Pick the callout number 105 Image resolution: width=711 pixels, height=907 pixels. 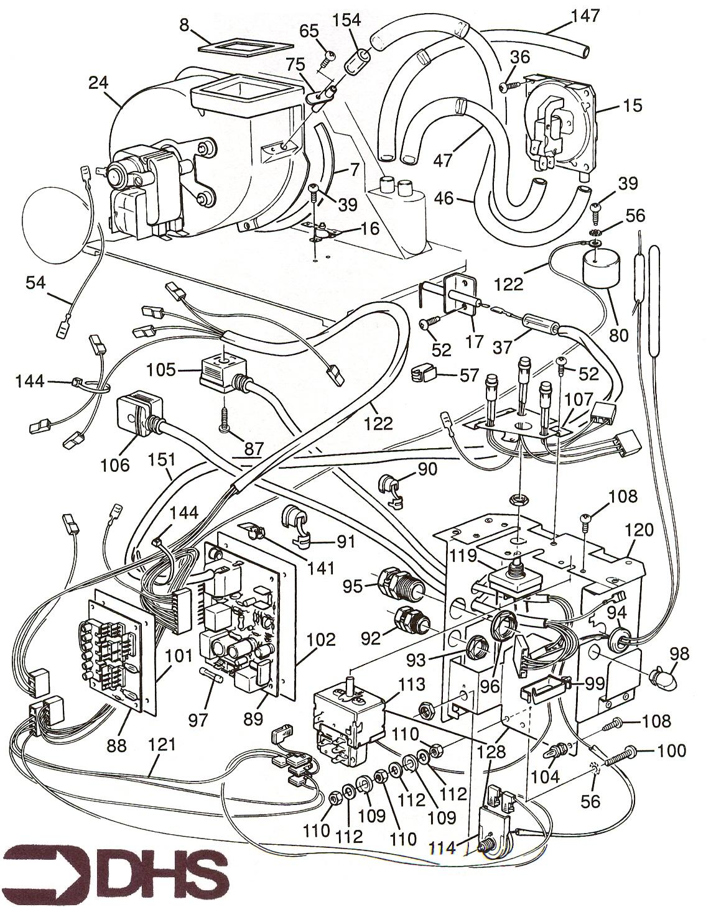pyautogui.click(x=162, y=371)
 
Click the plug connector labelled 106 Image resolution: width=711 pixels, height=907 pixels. pyautogui.click(x=137, y=415)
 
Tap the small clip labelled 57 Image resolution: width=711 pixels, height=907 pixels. pyautogui.click(x=424, y=375)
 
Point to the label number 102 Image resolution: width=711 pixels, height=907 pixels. pyautogui.click(x=322, y=640)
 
